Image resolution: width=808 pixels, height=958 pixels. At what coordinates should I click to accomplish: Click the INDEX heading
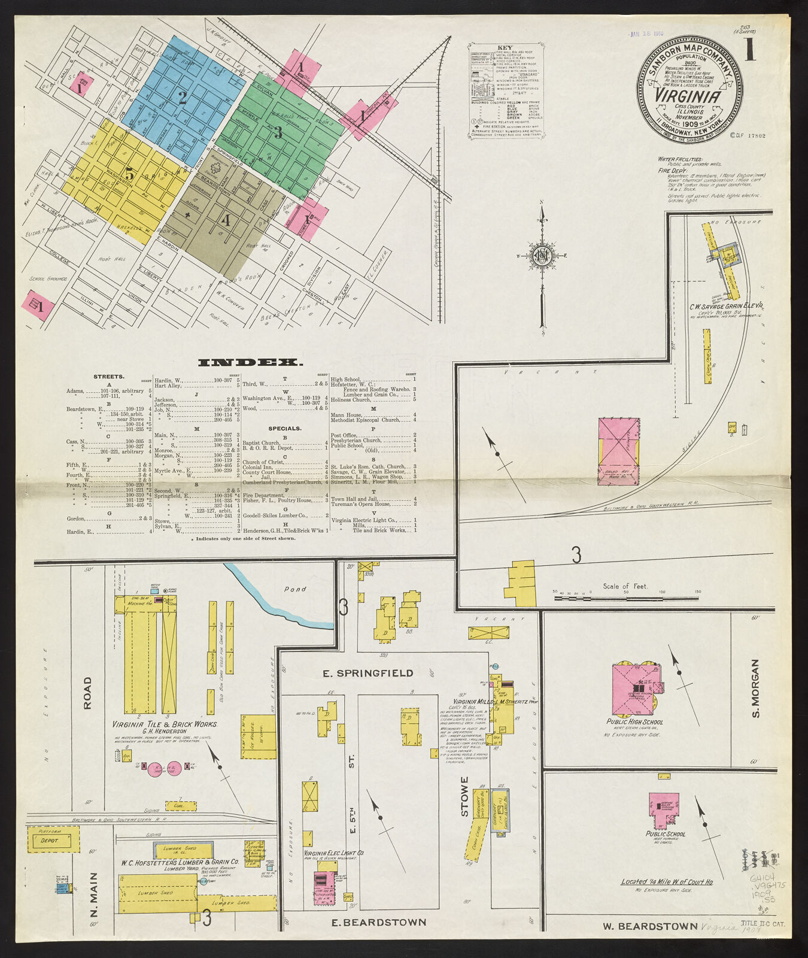250,362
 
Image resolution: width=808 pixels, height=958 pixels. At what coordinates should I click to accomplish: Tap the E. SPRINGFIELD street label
367,673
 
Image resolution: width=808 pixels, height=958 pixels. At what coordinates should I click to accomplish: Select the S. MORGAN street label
755,689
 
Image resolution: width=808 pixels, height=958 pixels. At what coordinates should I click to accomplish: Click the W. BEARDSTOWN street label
649,926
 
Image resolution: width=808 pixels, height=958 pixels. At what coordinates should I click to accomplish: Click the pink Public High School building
633,689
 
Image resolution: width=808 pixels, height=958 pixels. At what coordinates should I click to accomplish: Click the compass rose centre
542,256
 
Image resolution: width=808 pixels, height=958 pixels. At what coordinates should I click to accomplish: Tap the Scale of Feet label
625,586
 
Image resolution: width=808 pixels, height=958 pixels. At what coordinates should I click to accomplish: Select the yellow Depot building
53,840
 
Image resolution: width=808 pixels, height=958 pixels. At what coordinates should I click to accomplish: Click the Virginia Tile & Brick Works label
165,724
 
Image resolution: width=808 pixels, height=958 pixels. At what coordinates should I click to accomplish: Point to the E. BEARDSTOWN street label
379,922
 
